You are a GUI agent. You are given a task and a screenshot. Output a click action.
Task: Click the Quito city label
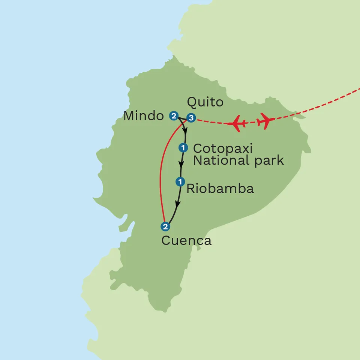tap(205, 102)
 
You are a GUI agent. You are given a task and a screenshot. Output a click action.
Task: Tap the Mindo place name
tap(144, 116)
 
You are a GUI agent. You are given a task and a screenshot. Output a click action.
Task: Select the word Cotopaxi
tap(223, 148)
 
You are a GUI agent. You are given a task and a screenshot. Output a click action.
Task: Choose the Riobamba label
tap(220, 189)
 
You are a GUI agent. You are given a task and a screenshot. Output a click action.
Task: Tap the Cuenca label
tap(186, 240)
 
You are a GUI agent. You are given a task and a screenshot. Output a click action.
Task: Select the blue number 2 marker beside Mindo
tap(173, 116)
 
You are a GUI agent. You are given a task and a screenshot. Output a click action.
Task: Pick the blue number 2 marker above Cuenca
tap(165, 226)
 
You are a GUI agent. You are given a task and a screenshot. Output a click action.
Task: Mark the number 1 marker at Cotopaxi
tap(183, 148)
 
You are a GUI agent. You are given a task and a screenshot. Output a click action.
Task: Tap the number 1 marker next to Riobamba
tap(180, 182)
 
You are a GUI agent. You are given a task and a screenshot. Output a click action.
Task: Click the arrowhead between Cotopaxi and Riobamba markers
tap(182, 164)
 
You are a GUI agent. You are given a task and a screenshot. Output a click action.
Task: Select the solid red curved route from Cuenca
tap(161, 176)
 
